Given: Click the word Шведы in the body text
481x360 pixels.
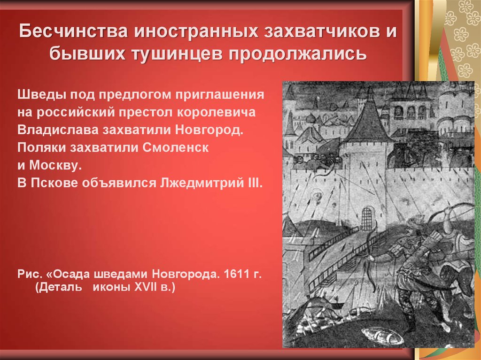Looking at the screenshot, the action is [x=41, y=94].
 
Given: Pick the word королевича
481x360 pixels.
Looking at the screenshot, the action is [x=216, y=112].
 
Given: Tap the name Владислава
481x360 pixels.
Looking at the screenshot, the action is [x=58, y=130].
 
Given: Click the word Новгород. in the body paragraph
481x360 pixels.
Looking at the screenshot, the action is [x=209, y=130].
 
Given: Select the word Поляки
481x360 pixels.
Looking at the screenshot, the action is [x=41, y=148].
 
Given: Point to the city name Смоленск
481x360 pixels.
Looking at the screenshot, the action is [x=176, y=148].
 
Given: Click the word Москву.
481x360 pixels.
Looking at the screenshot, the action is [x=55, y=166].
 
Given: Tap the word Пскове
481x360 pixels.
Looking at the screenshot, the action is [x=54, y=184].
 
